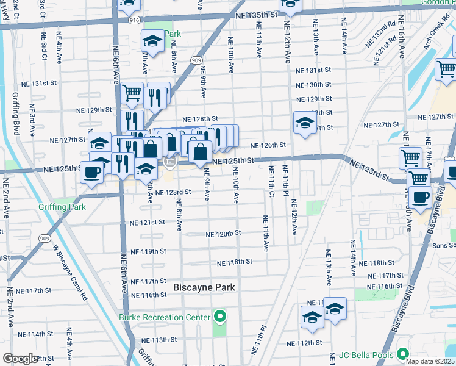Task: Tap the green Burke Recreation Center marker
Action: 220,317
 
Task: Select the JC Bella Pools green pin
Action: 402,354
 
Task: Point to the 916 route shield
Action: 134,20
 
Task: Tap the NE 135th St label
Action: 258,13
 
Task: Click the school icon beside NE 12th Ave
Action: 304,123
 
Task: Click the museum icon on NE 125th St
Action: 171,162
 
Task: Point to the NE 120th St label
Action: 223,234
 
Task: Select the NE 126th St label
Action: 268,145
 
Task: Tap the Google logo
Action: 21,359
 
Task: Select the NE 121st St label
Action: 147,223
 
